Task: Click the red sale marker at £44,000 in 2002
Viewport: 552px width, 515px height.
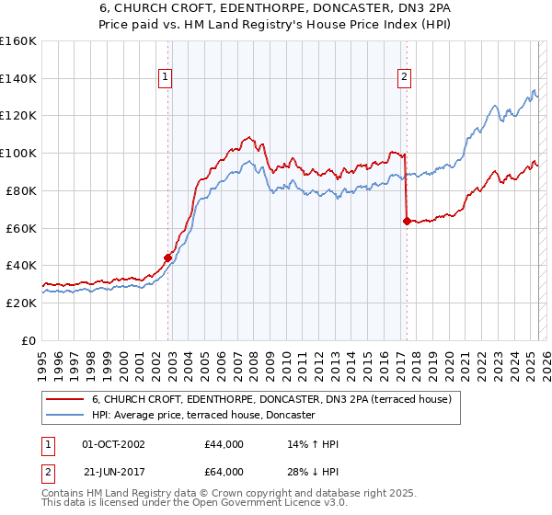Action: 167,257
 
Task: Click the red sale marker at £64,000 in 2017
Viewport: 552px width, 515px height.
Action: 407,220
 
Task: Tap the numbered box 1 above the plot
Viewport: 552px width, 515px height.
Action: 165,78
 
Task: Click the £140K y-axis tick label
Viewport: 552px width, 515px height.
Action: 17,78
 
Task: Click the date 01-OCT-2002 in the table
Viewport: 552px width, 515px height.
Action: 113,445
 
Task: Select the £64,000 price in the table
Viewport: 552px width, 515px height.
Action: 224,475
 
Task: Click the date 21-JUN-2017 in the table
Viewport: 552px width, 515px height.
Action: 113,475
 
